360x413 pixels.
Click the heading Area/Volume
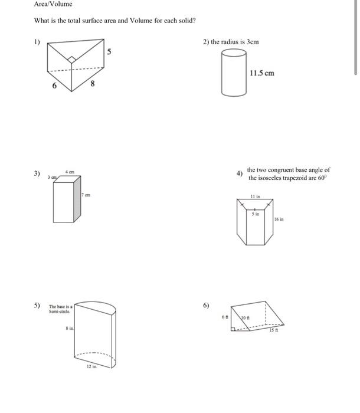(x=53, y=4)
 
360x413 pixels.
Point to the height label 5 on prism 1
(x=109, y=52)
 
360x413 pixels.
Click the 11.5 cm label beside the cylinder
(x=262, y=73)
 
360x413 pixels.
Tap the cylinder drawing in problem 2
(x=234, y=73)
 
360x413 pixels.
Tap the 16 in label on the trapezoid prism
(x=279, y=219)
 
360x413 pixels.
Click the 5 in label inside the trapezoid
(x=254, y=214)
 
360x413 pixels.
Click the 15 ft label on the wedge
(x=273, y=330)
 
